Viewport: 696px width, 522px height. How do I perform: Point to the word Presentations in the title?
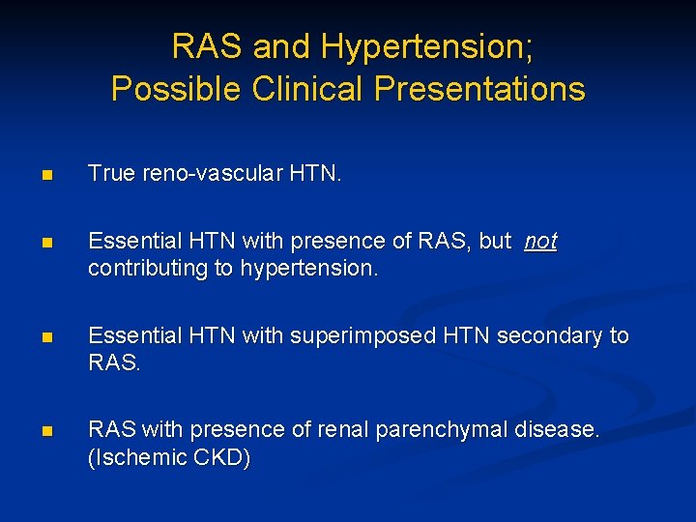tap(479, 89)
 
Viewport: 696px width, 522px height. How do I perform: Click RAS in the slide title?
tap(206, 45)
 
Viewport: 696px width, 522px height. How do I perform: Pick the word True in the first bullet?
tap(108, 174)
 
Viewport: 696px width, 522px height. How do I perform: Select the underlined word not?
tap(540, 242)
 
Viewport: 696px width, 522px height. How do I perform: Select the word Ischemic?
tap(137, 456)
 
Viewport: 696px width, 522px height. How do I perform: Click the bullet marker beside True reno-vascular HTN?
tap(46, 176)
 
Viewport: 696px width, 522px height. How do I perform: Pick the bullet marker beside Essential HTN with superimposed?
tap(46, 337)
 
